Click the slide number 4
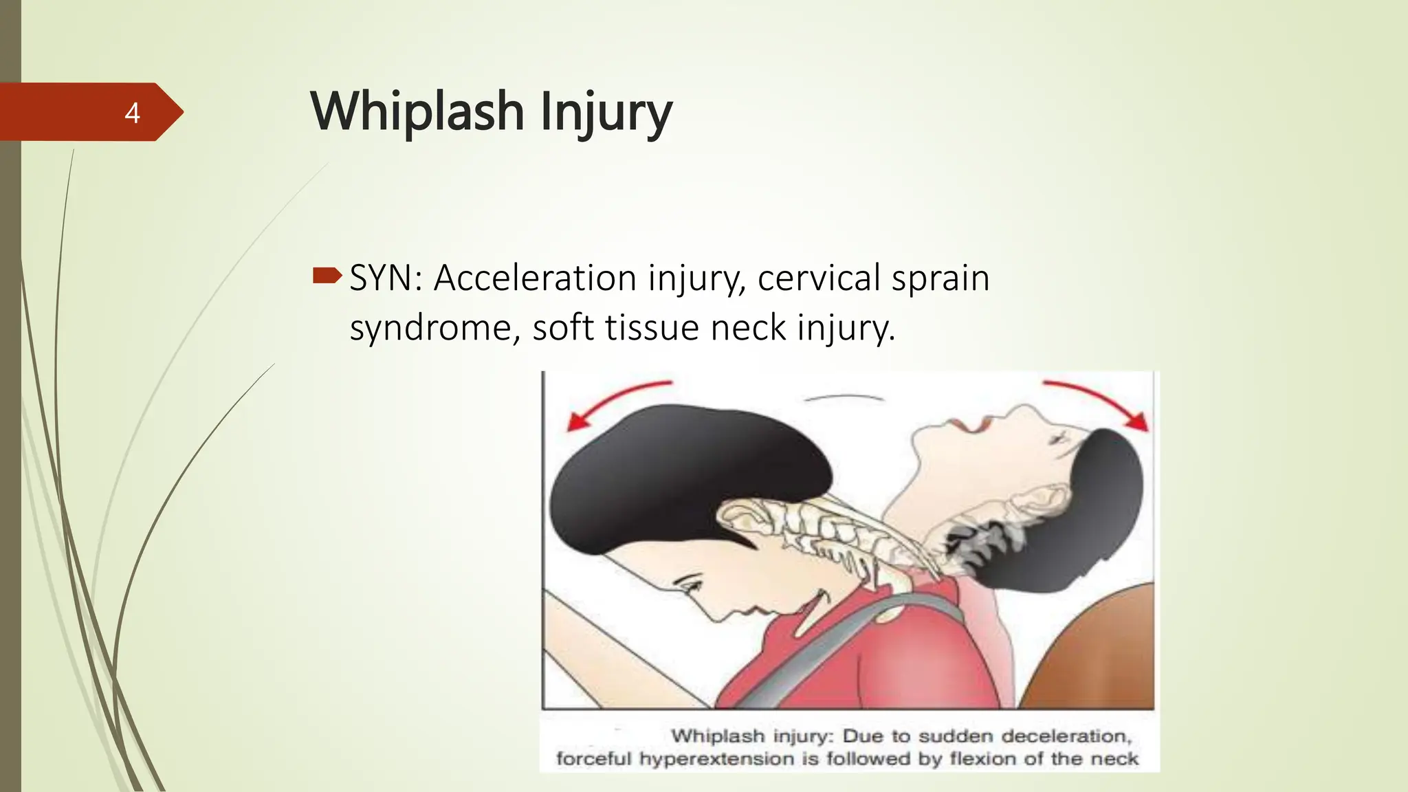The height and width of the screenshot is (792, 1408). pyautogui.click(x=132, y=113)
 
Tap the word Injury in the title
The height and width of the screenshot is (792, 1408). pyautogui.click(x=606, y=113)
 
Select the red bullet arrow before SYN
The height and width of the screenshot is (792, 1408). pyautogui.click(x=327, y=276)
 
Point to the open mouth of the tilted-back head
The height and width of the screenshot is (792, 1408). pyautogui.click(x=971, y=426)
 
